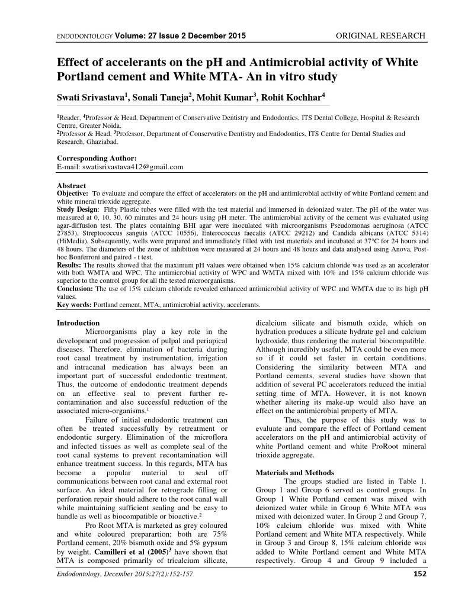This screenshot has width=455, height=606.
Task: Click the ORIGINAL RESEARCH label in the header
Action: pos(380,36)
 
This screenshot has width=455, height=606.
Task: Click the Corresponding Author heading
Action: pos(96,159)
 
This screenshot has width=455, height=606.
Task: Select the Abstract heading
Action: pos(71,186)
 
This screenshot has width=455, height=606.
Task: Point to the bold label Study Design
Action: pos(78,209)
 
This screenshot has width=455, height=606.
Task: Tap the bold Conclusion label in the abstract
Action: pos(75,288)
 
